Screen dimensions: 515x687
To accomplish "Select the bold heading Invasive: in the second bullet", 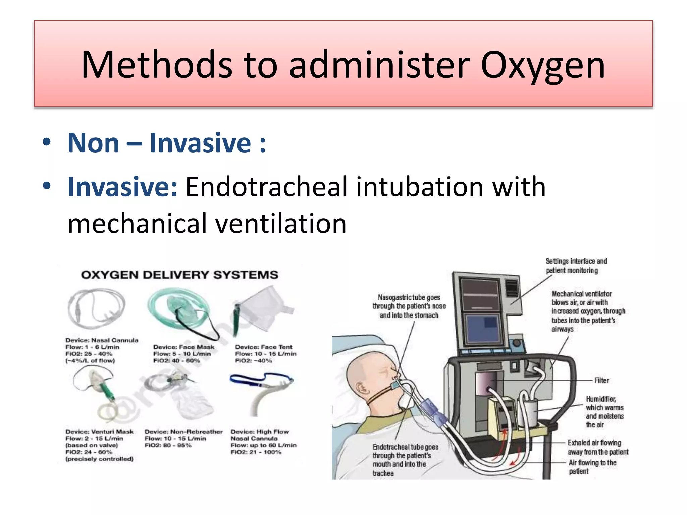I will coord(122,187).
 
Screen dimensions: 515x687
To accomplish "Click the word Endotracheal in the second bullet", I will coord(266,187).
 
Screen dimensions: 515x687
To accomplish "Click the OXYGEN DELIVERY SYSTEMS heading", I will coord(179,275).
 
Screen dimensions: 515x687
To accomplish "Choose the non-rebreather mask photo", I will coord(183,396).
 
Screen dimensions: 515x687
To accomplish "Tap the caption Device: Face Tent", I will coord(264,347).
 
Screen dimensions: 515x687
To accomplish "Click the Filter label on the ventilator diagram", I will coord(601,381).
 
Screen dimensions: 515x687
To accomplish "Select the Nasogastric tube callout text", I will coord(409,306).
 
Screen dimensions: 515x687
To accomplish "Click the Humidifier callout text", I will coord(604,412).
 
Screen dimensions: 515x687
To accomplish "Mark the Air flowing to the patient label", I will coord(592,467).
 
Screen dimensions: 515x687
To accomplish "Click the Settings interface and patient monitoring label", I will coord(576,266).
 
